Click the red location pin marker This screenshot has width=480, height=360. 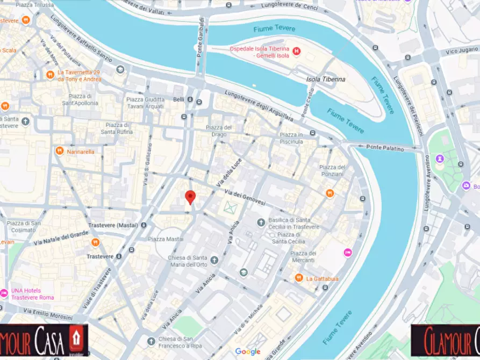point(190,197)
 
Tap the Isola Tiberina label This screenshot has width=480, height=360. point(326,79)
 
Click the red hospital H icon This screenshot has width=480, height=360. point(297,52)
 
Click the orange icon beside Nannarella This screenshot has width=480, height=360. point(60,152)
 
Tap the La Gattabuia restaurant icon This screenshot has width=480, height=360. point(299,278)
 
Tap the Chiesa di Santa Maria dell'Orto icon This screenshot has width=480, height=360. point(214,260)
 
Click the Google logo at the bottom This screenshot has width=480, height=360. point(247,351)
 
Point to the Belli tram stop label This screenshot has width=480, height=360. point(178,100)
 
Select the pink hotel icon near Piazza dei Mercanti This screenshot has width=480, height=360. point(348,252)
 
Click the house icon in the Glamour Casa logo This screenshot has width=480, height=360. point(76,338)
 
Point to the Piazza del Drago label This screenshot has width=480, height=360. point(219,131)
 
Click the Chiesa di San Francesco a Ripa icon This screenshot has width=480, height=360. point(151,340)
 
